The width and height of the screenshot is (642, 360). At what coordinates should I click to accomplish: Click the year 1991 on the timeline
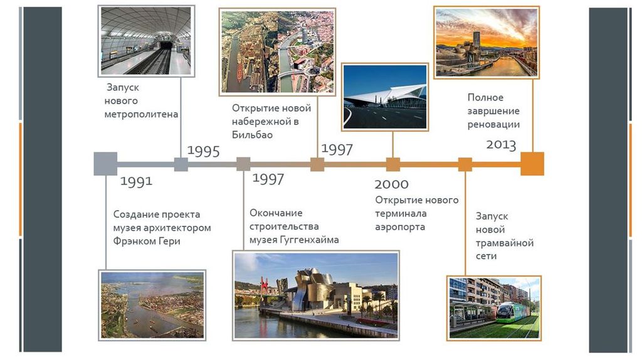tap(136, 181)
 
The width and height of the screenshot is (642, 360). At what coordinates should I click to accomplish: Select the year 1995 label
tap(204, 151)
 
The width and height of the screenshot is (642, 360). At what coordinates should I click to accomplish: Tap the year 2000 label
tap(391, 184)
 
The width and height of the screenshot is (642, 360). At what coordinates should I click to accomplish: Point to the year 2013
tap(501, 145)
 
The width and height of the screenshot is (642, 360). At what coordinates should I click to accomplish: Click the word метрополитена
tap(141, 114)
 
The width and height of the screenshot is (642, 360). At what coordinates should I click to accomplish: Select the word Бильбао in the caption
tap(252, 135)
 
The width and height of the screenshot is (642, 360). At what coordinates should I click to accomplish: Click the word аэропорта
tap(400, 227)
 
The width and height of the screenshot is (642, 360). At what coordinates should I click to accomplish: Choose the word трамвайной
tap(505, 243)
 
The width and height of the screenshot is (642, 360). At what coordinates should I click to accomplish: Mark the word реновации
tap(493, 125)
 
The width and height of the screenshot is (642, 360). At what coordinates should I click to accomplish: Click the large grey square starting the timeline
tap(105, 164)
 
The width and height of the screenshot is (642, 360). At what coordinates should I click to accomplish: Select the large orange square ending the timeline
tap(532, 164)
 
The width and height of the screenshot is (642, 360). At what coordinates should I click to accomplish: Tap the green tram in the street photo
tap(515, 314)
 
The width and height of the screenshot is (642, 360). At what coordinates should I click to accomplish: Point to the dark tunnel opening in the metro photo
tap(166, 45)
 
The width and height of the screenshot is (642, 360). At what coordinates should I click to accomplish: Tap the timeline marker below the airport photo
tap(393, 164)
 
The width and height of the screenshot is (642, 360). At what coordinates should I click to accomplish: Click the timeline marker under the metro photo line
tap(181, 164)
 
